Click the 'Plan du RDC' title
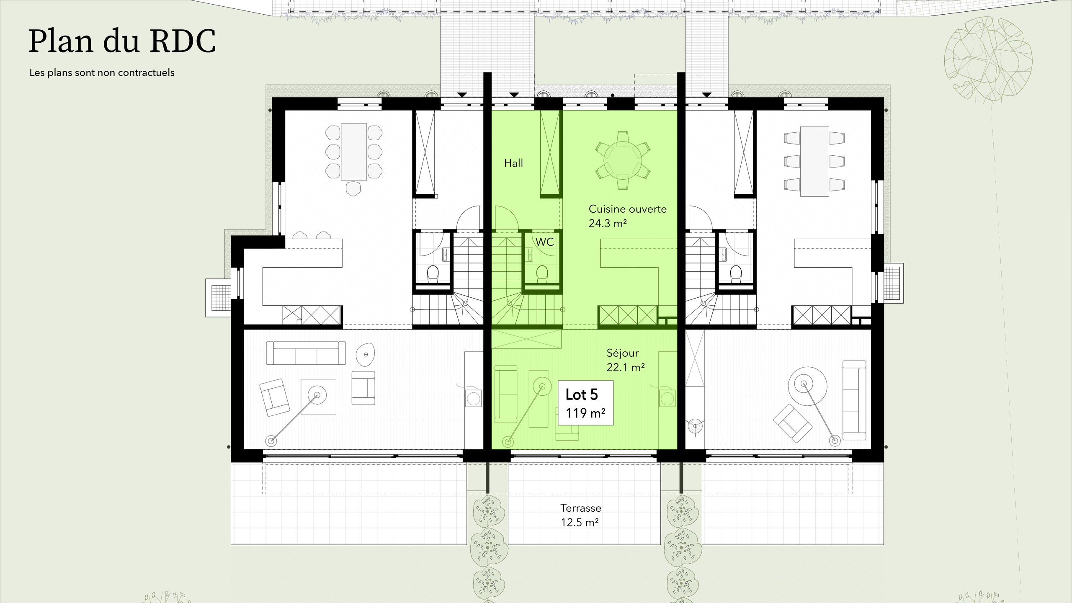tap(122, 42)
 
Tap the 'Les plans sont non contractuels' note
tap(102, 73)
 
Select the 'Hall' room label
tap(513, 163)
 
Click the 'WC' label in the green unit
tap(544, 242)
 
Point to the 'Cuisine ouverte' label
tap(627, 209)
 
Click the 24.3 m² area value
tap(607, 224)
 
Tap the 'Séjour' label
tap(623, 353)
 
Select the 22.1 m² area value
tap(625, 368)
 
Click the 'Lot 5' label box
tap(585, 403)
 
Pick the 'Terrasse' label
tap(581, 508)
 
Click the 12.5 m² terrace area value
tap(580, 523)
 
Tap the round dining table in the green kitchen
tap(623, 161)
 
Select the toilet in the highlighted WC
tap(542, 273)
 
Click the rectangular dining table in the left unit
tap(354, 152)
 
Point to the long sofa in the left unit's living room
tap(306, 353)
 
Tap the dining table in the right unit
tap(814, 161)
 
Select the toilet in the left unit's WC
tap(433, 274)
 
